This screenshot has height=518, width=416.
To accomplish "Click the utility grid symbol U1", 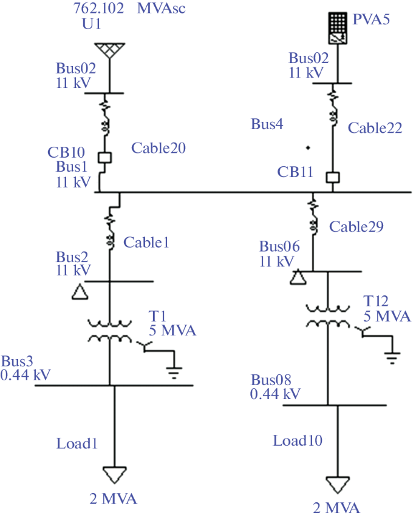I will pos(110,51).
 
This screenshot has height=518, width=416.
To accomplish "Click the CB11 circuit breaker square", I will pos(332,178).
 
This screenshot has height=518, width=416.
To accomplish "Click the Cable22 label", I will pos(375,128).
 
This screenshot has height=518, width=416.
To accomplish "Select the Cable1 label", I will pos(146,242).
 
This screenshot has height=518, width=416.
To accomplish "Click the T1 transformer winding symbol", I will pos(110,331).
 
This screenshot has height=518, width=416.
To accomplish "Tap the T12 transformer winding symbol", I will pos(327,315).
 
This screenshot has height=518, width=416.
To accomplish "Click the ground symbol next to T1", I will pos(174,372).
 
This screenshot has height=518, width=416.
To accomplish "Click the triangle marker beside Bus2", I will pos(80,292).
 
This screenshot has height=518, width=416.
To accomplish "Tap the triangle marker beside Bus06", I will pos(298,278).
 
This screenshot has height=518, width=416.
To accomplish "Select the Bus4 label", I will pos(267,125).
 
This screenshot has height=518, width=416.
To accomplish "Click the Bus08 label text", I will pos(271,380).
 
